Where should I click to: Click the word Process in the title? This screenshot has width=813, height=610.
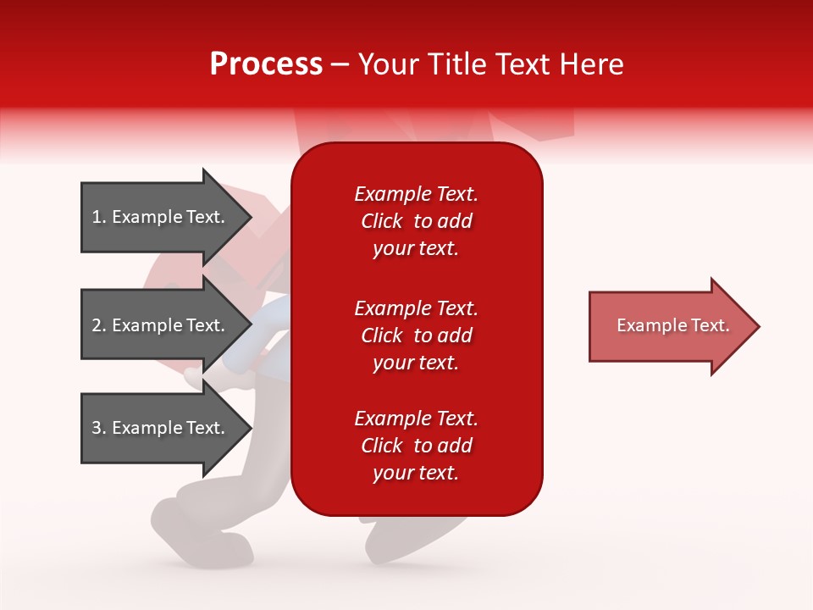266,64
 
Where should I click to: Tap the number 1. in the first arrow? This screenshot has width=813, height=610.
99,217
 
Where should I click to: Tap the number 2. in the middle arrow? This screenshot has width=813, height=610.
99,325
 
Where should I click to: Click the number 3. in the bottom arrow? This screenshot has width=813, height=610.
99,428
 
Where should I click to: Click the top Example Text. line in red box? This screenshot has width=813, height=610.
416,194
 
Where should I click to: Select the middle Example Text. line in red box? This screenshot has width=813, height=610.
416,308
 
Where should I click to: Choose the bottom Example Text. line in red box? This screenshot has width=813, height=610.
416,419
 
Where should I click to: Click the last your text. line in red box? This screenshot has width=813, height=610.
416,473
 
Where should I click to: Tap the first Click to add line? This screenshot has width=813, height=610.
416,221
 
